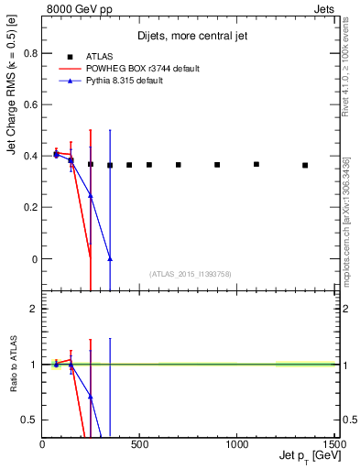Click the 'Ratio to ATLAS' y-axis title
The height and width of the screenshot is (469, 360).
click(13, 364)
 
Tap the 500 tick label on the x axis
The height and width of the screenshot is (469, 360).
click(139, 444)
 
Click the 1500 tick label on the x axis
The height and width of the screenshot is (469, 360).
click(335, 444)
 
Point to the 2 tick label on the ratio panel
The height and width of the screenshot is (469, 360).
click(33, 309)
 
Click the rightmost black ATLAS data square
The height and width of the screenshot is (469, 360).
click(305, 165)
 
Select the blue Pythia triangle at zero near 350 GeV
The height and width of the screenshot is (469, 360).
click(110, 259)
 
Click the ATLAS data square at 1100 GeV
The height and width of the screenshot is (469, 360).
click(256, 164)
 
